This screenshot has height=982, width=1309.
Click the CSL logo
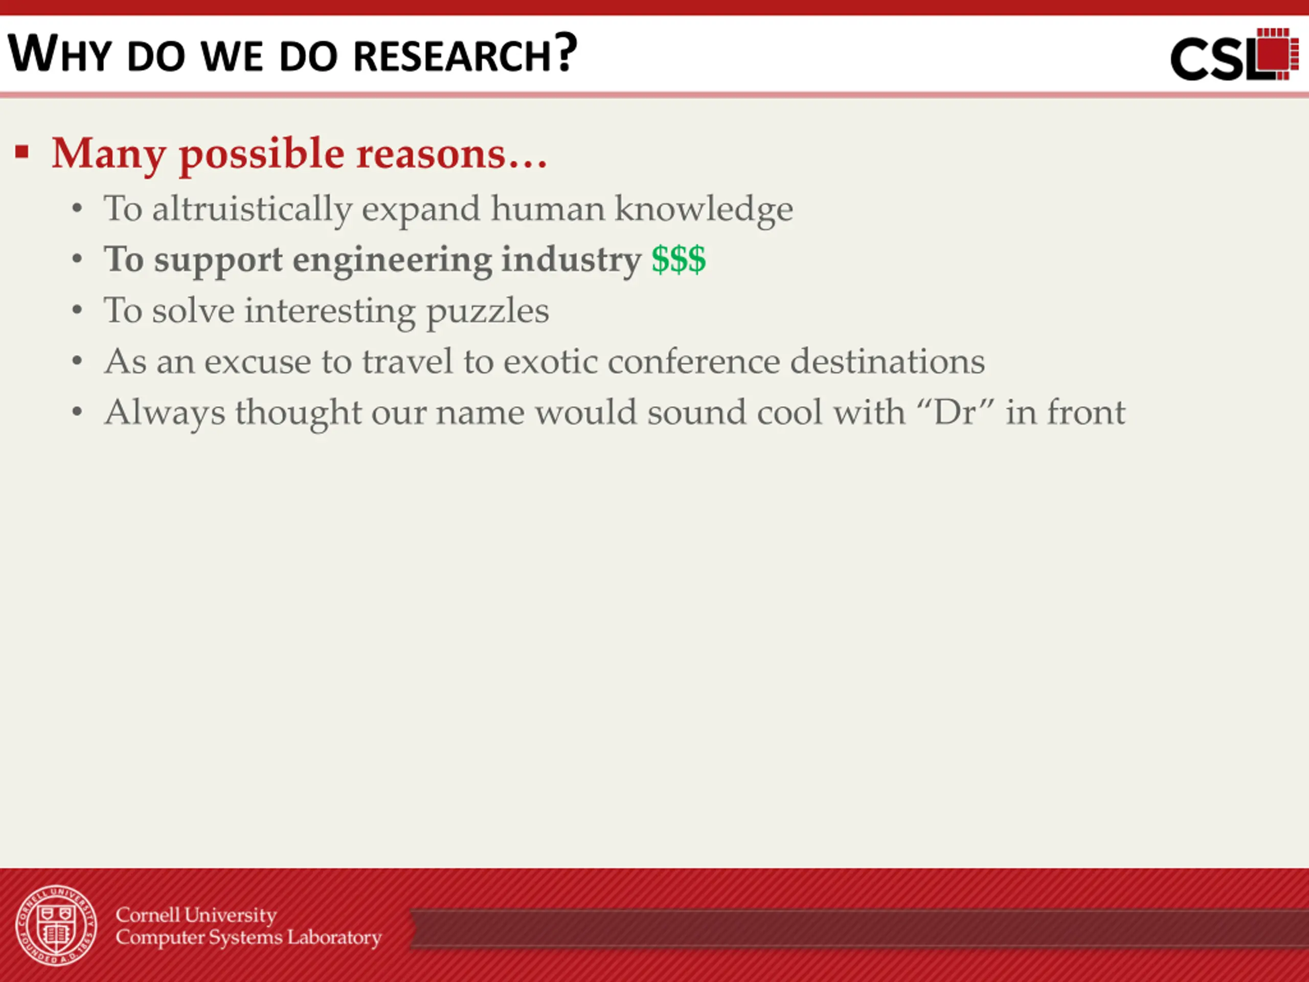pyautogui.click(x=1234, y=54)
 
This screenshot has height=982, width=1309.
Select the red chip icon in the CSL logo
pyautogui.click(x=1276, y=53)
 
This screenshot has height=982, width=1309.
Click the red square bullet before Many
pyautogui.click(x=22, y=152)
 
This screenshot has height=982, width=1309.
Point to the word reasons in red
pyautogui.click(x=431, y=154)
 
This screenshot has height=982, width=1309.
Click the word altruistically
pyautogui.click(x=252, y=210)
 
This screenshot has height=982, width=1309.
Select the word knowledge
pyautogui.click(x=704, y=210)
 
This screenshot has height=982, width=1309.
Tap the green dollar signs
pyautogui.click(x=679, y=259)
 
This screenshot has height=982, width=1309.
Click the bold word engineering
pyautogui.click(x=392, y=261)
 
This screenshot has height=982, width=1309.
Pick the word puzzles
pyautogui.click(x=488, y=312)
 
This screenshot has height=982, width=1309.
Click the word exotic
pyautogui.click(x=550, y=361)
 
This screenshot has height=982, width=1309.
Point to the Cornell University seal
pyautogui.click(x=56, y=925)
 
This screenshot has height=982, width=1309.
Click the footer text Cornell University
pyautogui.click(x=196, y=914)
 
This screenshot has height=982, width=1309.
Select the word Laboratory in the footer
pyautogui.click(x=334, y=938)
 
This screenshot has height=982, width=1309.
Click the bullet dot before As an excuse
pyautogui.click(x=77, y=361)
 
